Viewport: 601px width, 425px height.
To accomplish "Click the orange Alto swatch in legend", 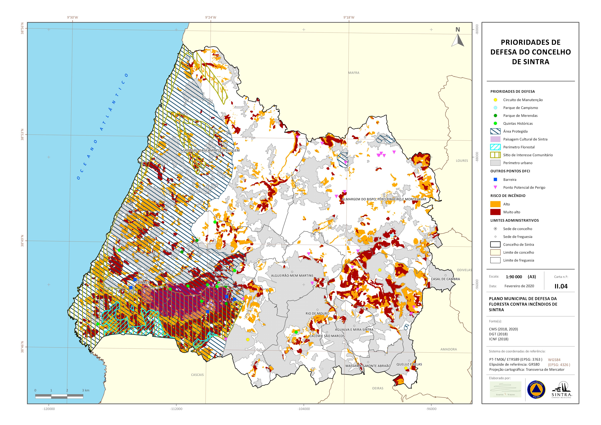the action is point(495,204).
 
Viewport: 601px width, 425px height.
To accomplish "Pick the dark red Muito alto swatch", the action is point(495,212).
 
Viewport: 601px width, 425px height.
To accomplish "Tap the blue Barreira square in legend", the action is point(495,180).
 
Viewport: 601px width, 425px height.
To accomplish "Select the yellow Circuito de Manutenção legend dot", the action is point(495,100).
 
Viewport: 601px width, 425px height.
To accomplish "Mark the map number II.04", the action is point(561,286).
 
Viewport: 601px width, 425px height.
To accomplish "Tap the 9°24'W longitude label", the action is point(211,18).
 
